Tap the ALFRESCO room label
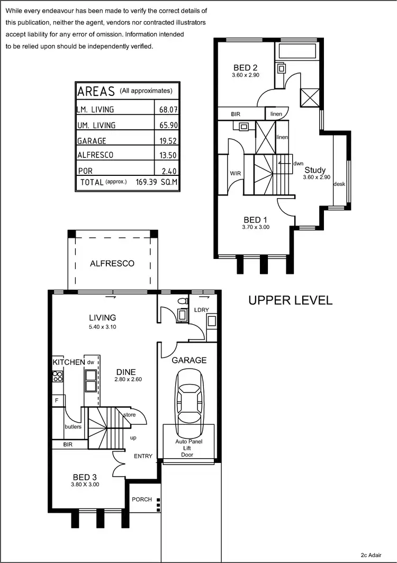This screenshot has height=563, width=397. pyautogui.click(x=112, y=263)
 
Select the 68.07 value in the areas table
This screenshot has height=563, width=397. pyautogui.click(x=166, y=110)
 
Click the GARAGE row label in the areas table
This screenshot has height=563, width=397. pyautogui.click(x=92, y=141)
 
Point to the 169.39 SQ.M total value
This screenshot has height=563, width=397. pyautogui.click(x=156, y=182)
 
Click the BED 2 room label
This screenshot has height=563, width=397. pyautogui.click(x=246, y=67)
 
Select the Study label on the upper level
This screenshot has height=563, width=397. pyautogui.click(x=315, y=170)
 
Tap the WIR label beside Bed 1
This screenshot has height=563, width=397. pyautogui.click(x=236, y=173)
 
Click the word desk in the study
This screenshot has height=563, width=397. pyautogui.click(x=339, y=184)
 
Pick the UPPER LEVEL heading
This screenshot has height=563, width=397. pyautogui.click(x=291, y=300)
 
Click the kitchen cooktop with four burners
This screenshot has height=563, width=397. pyautogui.click(x=58, y=377)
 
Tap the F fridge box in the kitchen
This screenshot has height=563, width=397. pyautogui.click(x=56, y=400)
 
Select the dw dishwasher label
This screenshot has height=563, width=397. pyautogui.click(x=91, y=362)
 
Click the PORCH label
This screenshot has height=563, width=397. pyautogui.click(x=142, y=499)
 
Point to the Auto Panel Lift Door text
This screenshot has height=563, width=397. pyautogui.click(x=188, y=448)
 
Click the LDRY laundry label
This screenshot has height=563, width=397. pyautogui.click(x=202, y=310)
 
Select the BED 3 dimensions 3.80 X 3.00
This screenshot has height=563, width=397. pyautogui.click(x=85, y=484)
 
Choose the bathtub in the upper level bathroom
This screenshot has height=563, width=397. pyautogui.click(x=296, y=52)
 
